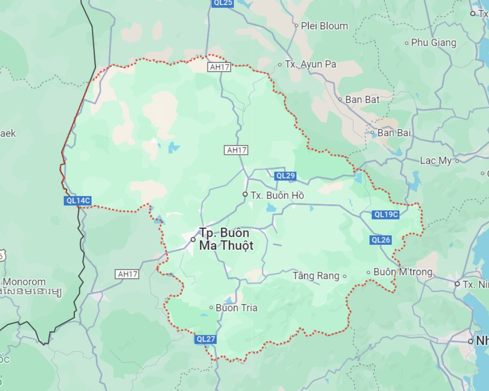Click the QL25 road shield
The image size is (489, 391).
pyautogui.click(x=223, y=3)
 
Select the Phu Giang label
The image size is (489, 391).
pyautogui.click(x=434, y=42)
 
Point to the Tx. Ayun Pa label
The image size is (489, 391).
pyautogui.click(x=310, y=64)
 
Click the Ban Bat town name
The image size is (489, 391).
pyautogui.click(x=362, y=99)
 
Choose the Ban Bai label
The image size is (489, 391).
pyautogui.click(x=394, y=133)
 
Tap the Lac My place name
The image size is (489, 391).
pyautogui.click(x=436, y=161)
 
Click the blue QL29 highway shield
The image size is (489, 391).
pyautogui.click(x=285, y=175)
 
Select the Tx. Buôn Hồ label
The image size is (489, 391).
pyautogui.click(x=277, y=195)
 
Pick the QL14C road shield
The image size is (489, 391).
pyautogui.click(x=78, y=200)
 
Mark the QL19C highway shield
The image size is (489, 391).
pyautogui.click(x=386, y=215)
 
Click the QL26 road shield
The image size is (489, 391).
pyautogui.click(x=381, y=240)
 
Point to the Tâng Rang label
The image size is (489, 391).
pyautogui.click(x=316, y=276)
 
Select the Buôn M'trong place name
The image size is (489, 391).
pyautogui.click(x=403, y=272)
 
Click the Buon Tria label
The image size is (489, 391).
pyautogui.click(x=236, y=308)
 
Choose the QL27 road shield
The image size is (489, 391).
pyautogui.click(x=206, y=339)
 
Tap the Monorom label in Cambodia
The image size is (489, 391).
pyautogui.click(x=24, y=282)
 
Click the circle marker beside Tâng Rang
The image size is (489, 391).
pyautogui.click(x=344, y=276)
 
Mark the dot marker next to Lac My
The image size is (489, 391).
pyautogui.click(x=457, y=161)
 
